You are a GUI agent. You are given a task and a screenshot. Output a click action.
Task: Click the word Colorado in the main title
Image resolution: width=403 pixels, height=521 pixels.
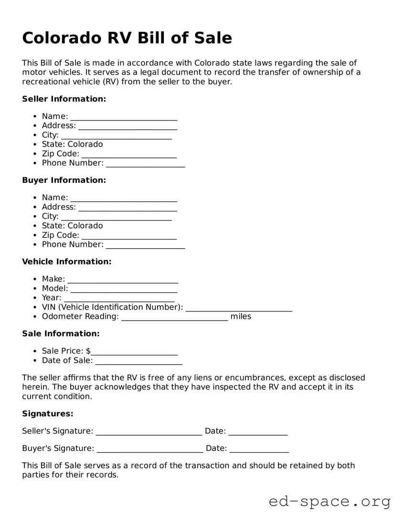58,38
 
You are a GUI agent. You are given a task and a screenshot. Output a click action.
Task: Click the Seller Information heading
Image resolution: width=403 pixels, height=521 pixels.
64,99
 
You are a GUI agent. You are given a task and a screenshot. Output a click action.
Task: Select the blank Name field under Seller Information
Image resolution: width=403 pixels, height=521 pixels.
124,117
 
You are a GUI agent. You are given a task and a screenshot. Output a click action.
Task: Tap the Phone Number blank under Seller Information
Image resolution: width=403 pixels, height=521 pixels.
145,164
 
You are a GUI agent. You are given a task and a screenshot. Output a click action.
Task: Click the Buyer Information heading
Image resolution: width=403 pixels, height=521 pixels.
64,180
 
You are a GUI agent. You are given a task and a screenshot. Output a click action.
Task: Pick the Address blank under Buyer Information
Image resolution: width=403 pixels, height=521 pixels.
127,208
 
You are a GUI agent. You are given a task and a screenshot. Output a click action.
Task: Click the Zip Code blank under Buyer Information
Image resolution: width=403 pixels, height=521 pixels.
129,236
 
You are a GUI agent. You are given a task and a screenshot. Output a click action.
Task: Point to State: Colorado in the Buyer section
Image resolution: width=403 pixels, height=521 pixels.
72,226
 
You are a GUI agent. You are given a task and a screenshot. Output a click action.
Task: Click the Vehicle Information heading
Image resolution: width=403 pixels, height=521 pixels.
66,261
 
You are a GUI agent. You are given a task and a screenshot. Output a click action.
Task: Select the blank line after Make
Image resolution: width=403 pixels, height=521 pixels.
123,280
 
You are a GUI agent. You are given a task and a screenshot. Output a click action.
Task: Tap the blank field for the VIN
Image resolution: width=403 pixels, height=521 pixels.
239,308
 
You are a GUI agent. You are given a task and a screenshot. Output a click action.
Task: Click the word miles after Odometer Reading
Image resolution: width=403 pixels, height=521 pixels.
241,316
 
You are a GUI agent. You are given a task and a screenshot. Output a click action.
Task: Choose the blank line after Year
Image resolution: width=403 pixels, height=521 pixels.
119,298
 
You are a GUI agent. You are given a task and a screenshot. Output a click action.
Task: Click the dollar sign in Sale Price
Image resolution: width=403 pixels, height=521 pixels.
88,351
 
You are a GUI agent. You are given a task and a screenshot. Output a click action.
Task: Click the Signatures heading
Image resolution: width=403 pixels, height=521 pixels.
47,414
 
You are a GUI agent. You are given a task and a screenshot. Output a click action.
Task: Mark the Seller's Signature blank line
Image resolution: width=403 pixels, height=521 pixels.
149,432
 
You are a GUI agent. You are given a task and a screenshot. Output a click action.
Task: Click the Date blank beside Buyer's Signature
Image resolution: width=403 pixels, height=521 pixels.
259,449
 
